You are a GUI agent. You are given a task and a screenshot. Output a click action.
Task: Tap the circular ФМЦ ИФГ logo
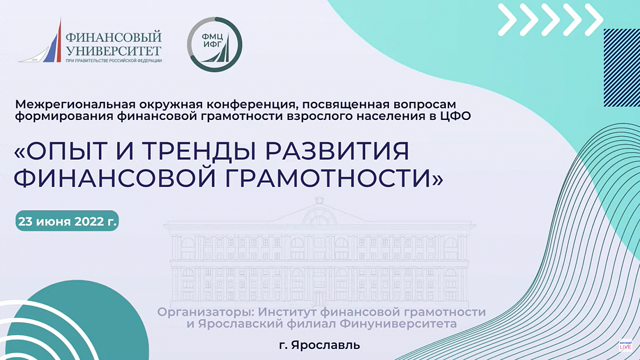click(214, 44)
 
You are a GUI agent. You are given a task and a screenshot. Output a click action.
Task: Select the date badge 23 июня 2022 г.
click(68, 221)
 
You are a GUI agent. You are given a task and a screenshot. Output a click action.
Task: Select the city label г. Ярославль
click(320, 345)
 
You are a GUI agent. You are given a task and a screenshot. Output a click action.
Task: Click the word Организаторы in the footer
click(206, 312)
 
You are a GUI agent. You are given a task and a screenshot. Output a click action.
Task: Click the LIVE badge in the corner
click(625, 346)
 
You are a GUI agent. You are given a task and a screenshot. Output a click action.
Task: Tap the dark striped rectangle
click(621, 68)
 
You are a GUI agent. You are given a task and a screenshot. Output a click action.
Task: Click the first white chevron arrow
click(508, 19)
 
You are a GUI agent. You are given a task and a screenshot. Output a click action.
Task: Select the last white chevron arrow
click(594, 19)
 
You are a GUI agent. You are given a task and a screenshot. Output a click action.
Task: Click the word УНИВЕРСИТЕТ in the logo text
click(114, 51)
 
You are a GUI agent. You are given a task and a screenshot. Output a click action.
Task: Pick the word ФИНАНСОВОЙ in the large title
click(115, 178)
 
